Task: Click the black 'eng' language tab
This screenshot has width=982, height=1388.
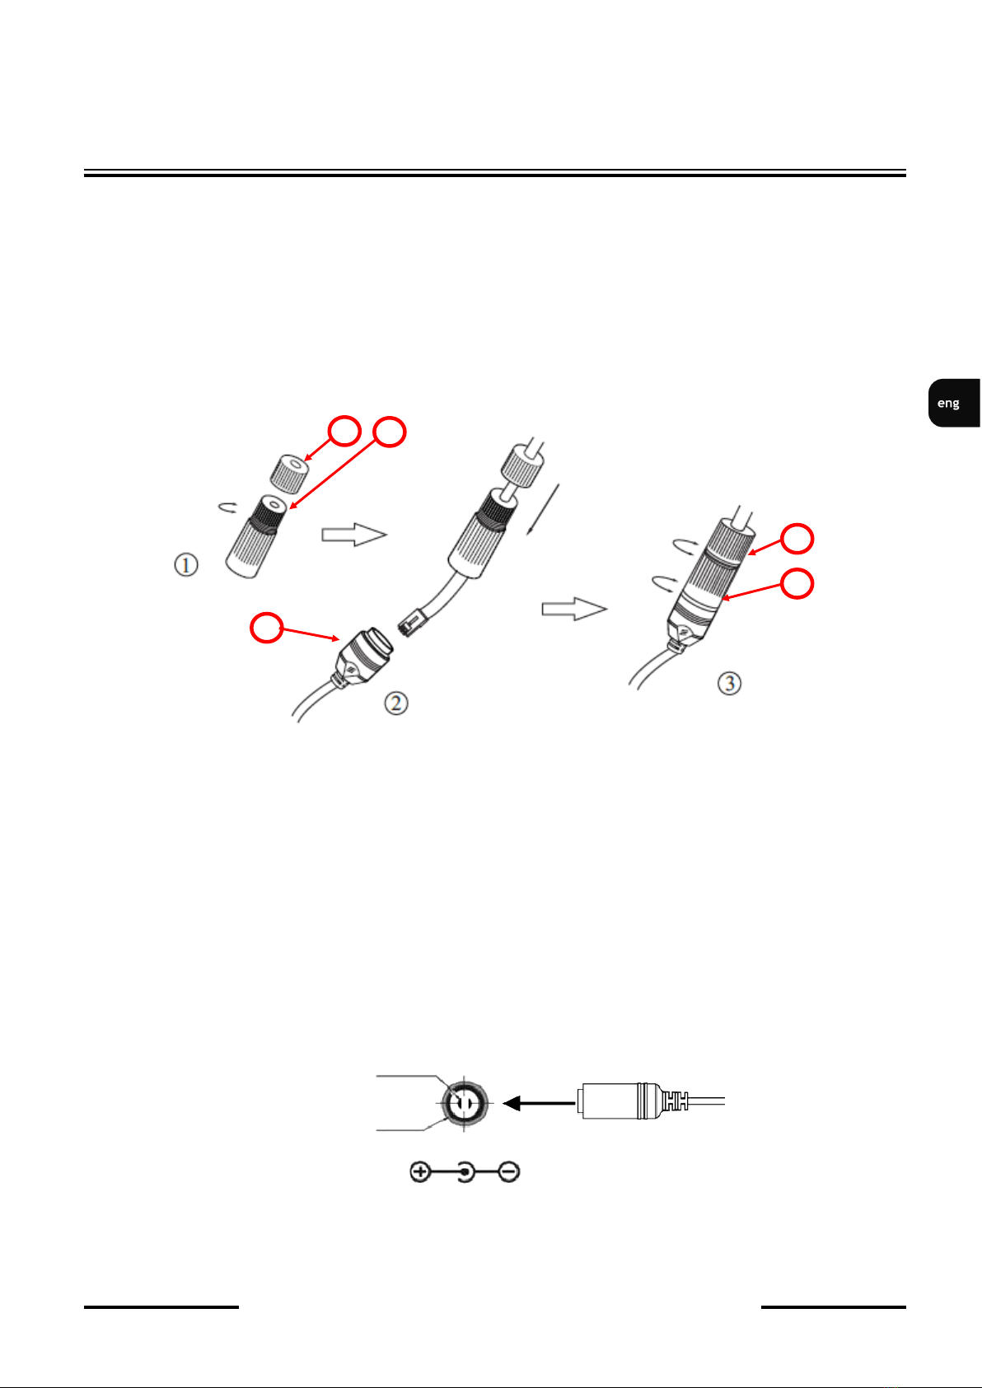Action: (952, 403)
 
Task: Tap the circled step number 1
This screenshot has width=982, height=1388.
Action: (186, 565)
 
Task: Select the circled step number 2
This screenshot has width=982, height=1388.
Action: (396, 703)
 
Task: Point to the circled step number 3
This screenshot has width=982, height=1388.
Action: (729, 683)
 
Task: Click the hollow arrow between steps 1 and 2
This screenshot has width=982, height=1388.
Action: (353, 535)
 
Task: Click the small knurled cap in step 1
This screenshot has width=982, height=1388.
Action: (288, 470)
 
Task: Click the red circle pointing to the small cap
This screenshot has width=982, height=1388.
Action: (344, 431)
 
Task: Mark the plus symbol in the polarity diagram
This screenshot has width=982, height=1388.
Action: (420, 1171)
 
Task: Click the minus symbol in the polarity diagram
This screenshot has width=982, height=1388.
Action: (509, 1171)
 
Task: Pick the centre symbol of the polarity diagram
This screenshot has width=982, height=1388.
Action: (465, 1171)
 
